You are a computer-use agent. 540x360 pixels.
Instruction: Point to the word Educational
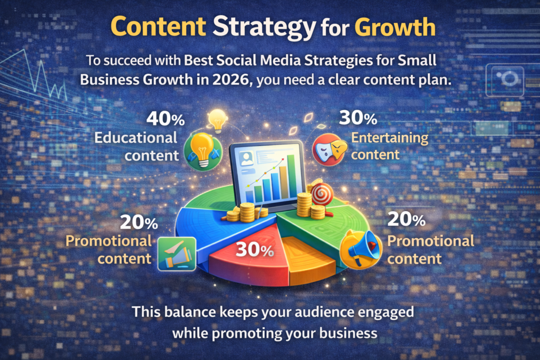click(136, 138)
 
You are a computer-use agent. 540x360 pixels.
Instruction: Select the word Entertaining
click(390, 138)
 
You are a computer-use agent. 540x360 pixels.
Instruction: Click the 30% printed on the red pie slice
click(254, 249)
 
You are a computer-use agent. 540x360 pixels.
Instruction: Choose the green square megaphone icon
click(177, 254)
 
